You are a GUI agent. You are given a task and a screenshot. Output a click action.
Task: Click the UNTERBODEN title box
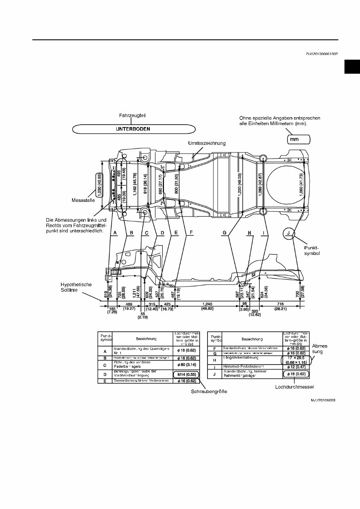[x=134, y=129]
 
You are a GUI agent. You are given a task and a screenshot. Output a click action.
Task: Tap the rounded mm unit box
[x=299, y=139]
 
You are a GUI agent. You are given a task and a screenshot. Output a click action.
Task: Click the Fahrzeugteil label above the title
[x=133, y=116]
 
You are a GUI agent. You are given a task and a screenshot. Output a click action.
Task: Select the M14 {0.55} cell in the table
[x=186, y=374]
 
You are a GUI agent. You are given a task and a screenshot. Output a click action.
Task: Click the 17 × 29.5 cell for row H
[x=296, y=360]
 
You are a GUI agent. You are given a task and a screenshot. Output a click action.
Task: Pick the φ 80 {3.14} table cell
[x=186, y=364]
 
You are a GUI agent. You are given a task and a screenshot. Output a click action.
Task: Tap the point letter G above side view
[x=225, y=234]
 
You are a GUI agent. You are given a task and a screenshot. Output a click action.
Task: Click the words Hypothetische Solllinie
[x=76, y=287]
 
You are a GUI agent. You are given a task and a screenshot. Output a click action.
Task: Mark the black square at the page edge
[x=352, y=67]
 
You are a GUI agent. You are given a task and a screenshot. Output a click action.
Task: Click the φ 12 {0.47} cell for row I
[x=296, y=367]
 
